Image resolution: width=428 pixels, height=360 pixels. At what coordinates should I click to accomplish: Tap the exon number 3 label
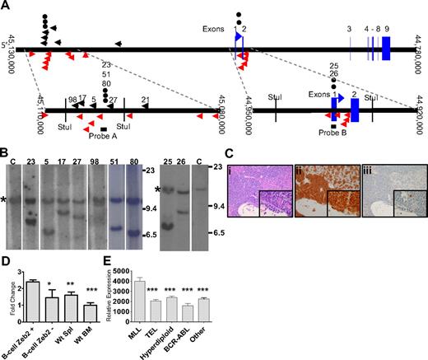point(349,29)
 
